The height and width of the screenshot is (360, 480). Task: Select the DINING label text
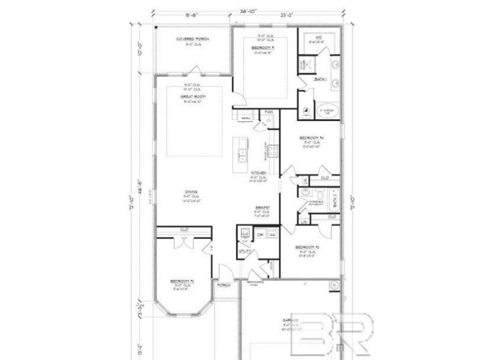[192, 191]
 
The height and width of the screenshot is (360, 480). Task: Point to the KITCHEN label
[259, 173]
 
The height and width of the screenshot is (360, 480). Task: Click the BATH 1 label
[320, 79]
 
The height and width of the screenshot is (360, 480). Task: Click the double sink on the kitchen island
[242, 155]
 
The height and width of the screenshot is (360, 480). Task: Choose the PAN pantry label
[269, 112]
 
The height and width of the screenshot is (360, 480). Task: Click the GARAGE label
[291, 321]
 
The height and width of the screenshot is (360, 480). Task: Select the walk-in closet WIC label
[318, 37]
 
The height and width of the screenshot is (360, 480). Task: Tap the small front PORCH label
[223, 286]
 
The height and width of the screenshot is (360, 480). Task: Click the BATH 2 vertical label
[335, 196]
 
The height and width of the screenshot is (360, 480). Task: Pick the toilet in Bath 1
[305, 112]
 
